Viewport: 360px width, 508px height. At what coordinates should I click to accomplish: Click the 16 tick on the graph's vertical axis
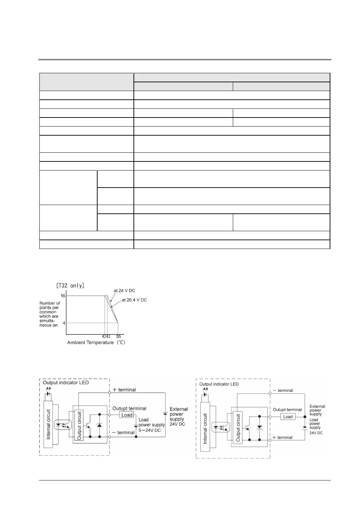pos(63,296)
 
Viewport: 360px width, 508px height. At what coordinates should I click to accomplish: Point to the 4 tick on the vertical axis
pos(64,323)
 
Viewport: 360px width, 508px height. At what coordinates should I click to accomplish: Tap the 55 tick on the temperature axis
pos(118,336)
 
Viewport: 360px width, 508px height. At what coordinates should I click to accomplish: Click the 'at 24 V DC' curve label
pos(124,290)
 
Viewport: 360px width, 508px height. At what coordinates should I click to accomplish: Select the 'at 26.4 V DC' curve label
pos(134,300)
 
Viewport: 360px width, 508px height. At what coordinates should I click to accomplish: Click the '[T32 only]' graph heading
pos(70,285)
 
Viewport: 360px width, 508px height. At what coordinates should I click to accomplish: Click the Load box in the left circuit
pos(127,415)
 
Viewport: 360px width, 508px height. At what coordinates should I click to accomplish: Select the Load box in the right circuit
pos(288,417)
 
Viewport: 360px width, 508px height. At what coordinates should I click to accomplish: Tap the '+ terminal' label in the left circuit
pos(124,390)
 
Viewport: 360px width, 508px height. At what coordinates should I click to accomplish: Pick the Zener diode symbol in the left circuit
pos(100,425)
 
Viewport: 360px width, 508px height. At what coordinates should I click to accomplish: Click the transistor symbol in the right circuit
pos(248,428)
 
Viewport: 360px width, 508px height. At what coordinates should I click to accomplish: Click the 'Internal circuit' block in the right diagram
pos(205,428)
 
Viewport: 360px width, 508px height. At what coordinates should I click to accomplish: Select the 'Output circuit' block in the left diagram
pos(79,425)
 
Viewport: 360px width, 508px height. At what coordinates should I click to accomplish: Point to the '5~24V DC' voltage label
pos(150,430)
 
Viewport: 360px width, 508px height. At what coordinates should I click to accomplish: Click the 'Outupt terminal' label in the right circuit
pos(287,410)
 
